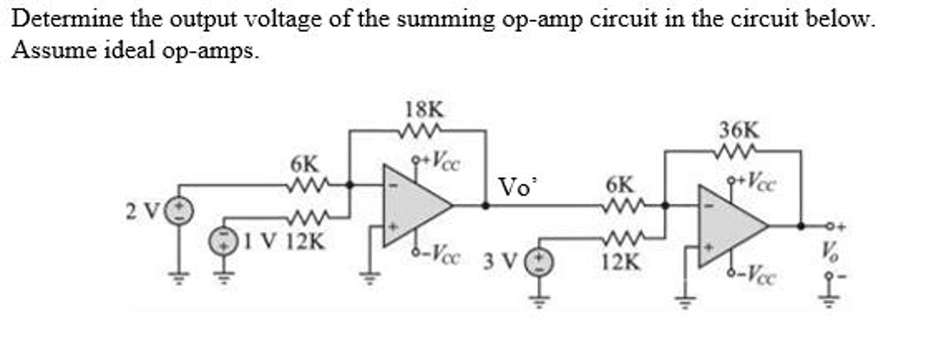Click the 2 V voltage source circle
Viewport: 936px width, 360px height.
[180, 211]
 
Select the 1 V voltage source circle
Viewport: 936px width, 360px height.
[223, 241]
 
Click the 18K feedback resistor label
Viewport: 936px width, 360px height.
[420, 111]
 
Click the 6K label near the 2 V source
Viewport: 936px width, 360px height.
[304, 164]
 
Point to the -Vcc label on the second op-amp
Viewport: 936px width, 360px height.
[754, 274]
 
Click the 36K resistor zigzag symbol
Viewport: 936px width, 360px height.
[739, 150]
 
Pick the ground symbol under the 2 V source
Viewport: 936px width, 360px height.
[180, 277]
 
